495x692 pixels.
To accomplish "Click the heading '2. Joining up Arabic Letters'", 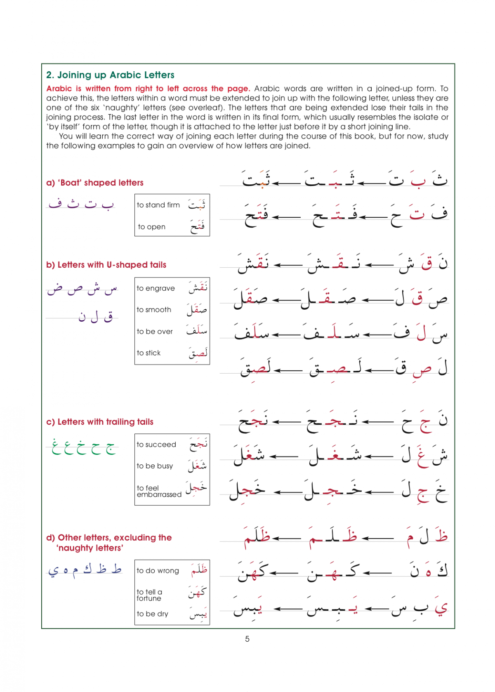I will tap(110, 75).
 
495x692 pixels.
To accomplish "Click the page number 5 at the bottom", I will tap(247, 639).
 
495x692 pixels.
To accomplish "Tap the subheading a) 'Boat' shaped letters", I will tap(95, 183).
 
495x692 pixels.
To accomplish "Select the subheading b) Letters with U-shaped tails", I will tap(106, 265).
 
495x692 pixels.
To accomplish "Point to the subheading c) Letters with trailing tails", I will tap(100, 422).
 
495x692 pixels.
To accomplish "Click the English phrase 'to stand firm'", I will tap(158, 205).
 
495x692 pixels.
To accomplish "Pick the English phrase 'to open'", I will tap(151, 227).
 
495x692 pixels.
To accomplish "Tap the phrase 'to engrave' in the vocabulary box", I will tap(156, 288).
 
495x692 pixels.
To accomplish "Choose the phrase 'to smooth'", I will tap(154, 310).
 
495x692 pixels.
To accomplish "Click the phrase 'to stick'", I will tap(148, 353).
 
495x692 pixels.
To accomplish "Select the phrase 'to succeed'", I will tap(156, 445).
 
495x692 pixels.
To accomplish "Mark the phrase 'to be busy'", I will tap(155, 466).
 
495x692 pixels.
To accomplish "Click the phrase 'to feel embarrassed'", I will tap(159, 491).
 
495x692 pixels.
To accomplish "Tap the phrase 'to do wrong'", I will tap(158, 571).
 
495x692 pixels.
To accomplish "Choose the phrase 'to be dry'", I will tap(152, 614).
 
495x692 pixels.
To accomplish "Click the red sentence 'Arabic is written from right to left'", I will tap(148, 89).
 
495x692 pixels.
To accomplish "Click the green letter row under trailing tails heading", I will tap(83, 447).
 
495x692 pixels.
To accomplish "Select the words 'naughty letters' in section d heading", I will tap(90, 548).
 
